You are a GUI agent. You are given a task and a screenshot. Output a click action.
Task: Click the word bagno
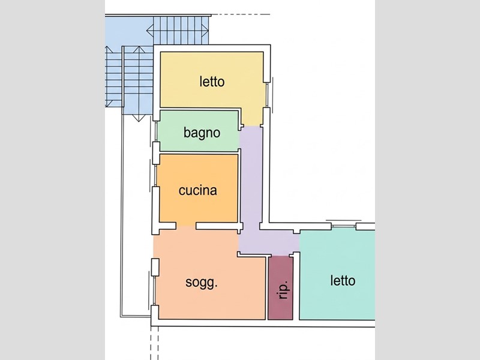[202, 133]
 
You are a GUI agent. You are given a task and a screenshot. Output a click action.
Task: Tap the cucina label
[198, 190]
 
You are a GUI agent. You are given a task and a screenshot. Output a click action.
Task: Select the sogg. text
[202, 283]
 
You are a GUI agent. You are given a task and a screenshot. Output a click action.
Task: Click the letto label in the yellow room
[212, 82]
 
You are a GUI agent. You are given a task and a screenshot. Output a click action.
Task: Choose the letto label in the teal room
[343, 281]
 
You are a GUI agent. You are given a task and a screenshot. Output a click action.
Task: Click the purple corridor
[251, 184]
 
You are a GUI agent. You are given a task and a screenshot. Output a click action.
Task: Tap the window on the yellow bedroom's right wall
[267, 95]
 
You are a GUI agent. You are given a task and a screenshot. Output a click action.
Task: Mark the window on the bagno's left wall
[156, 131]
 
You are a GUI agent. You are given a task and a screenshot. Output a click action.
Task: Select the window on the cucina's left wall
[156, 175]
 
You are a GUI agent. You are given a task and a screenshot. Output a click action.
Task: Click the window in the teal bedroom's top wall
[343, 226]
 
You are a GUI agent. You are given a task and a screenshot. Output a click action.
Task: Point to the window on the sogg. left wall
[154, 290]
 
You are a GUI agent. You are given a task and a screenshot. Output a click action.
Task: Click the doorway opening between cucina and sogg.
[186, 226]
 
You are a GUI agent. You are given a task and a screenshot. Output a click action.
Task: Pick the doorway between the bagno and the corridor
[239, 139]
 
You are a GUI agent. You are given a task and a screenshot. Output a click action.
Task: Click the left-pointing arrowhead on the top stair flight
[149, 31]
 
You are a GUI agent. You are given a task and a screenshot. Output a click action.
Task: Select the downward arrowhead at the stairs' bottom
[139, 118]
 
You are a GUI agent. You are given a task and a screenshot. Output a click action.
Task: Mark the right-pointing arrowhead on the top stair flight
[205, 31]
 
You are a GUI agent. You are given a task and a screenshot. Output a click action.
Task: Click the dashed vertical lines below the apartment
[155, 343]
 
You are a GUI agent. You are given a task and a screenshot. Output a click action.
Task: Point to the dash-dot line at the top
[241, 14]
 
